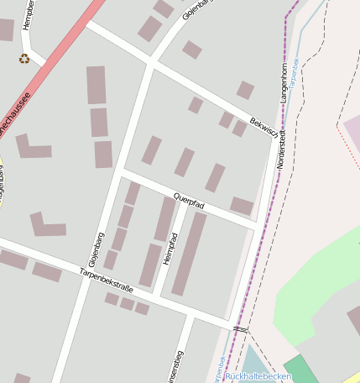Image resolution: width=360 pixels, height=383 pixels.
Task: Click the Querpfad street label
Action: [189, 201]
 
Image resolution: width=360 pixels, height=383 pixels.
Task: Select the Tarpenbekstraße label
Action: [107, 281]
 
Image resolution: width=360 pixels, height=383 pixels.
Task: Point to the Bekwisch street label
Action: [263, 128]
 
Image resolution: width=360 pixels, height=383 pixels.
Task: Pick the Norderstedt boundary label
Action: [282, 149]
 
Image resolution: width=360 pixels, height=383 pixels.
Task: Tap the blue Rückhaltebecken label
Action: [258, 376]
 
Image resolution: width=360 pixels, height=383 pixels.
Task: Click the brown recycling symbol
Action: [24, 59]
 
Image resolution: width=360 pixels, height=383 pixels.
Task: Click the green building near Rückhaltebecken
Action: [298, 369]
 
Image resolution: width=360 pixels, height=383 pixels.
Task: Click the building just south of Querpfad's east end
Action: [242, 206]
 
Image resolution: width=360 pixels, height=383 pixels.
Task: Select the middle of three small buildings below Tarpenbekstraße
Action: [128, 303]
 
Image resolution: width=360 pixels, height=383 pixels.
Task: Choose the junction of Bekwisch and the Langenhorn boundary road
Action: [274, 134]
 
